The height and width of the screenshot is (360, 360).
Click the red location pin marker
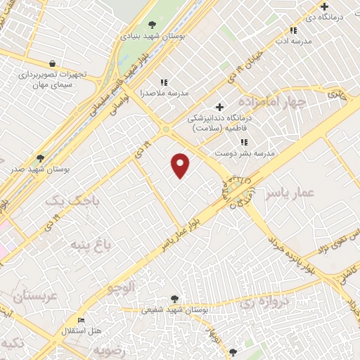pos(181,165)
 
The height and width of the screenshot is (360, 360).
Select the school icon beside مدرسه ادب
pos(293,30)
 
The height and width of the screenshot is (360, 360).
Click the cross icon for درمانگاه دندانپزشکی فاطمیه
pos(220,107)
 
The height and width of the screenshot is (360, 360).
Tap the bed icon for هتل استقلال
pos(82,320)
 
